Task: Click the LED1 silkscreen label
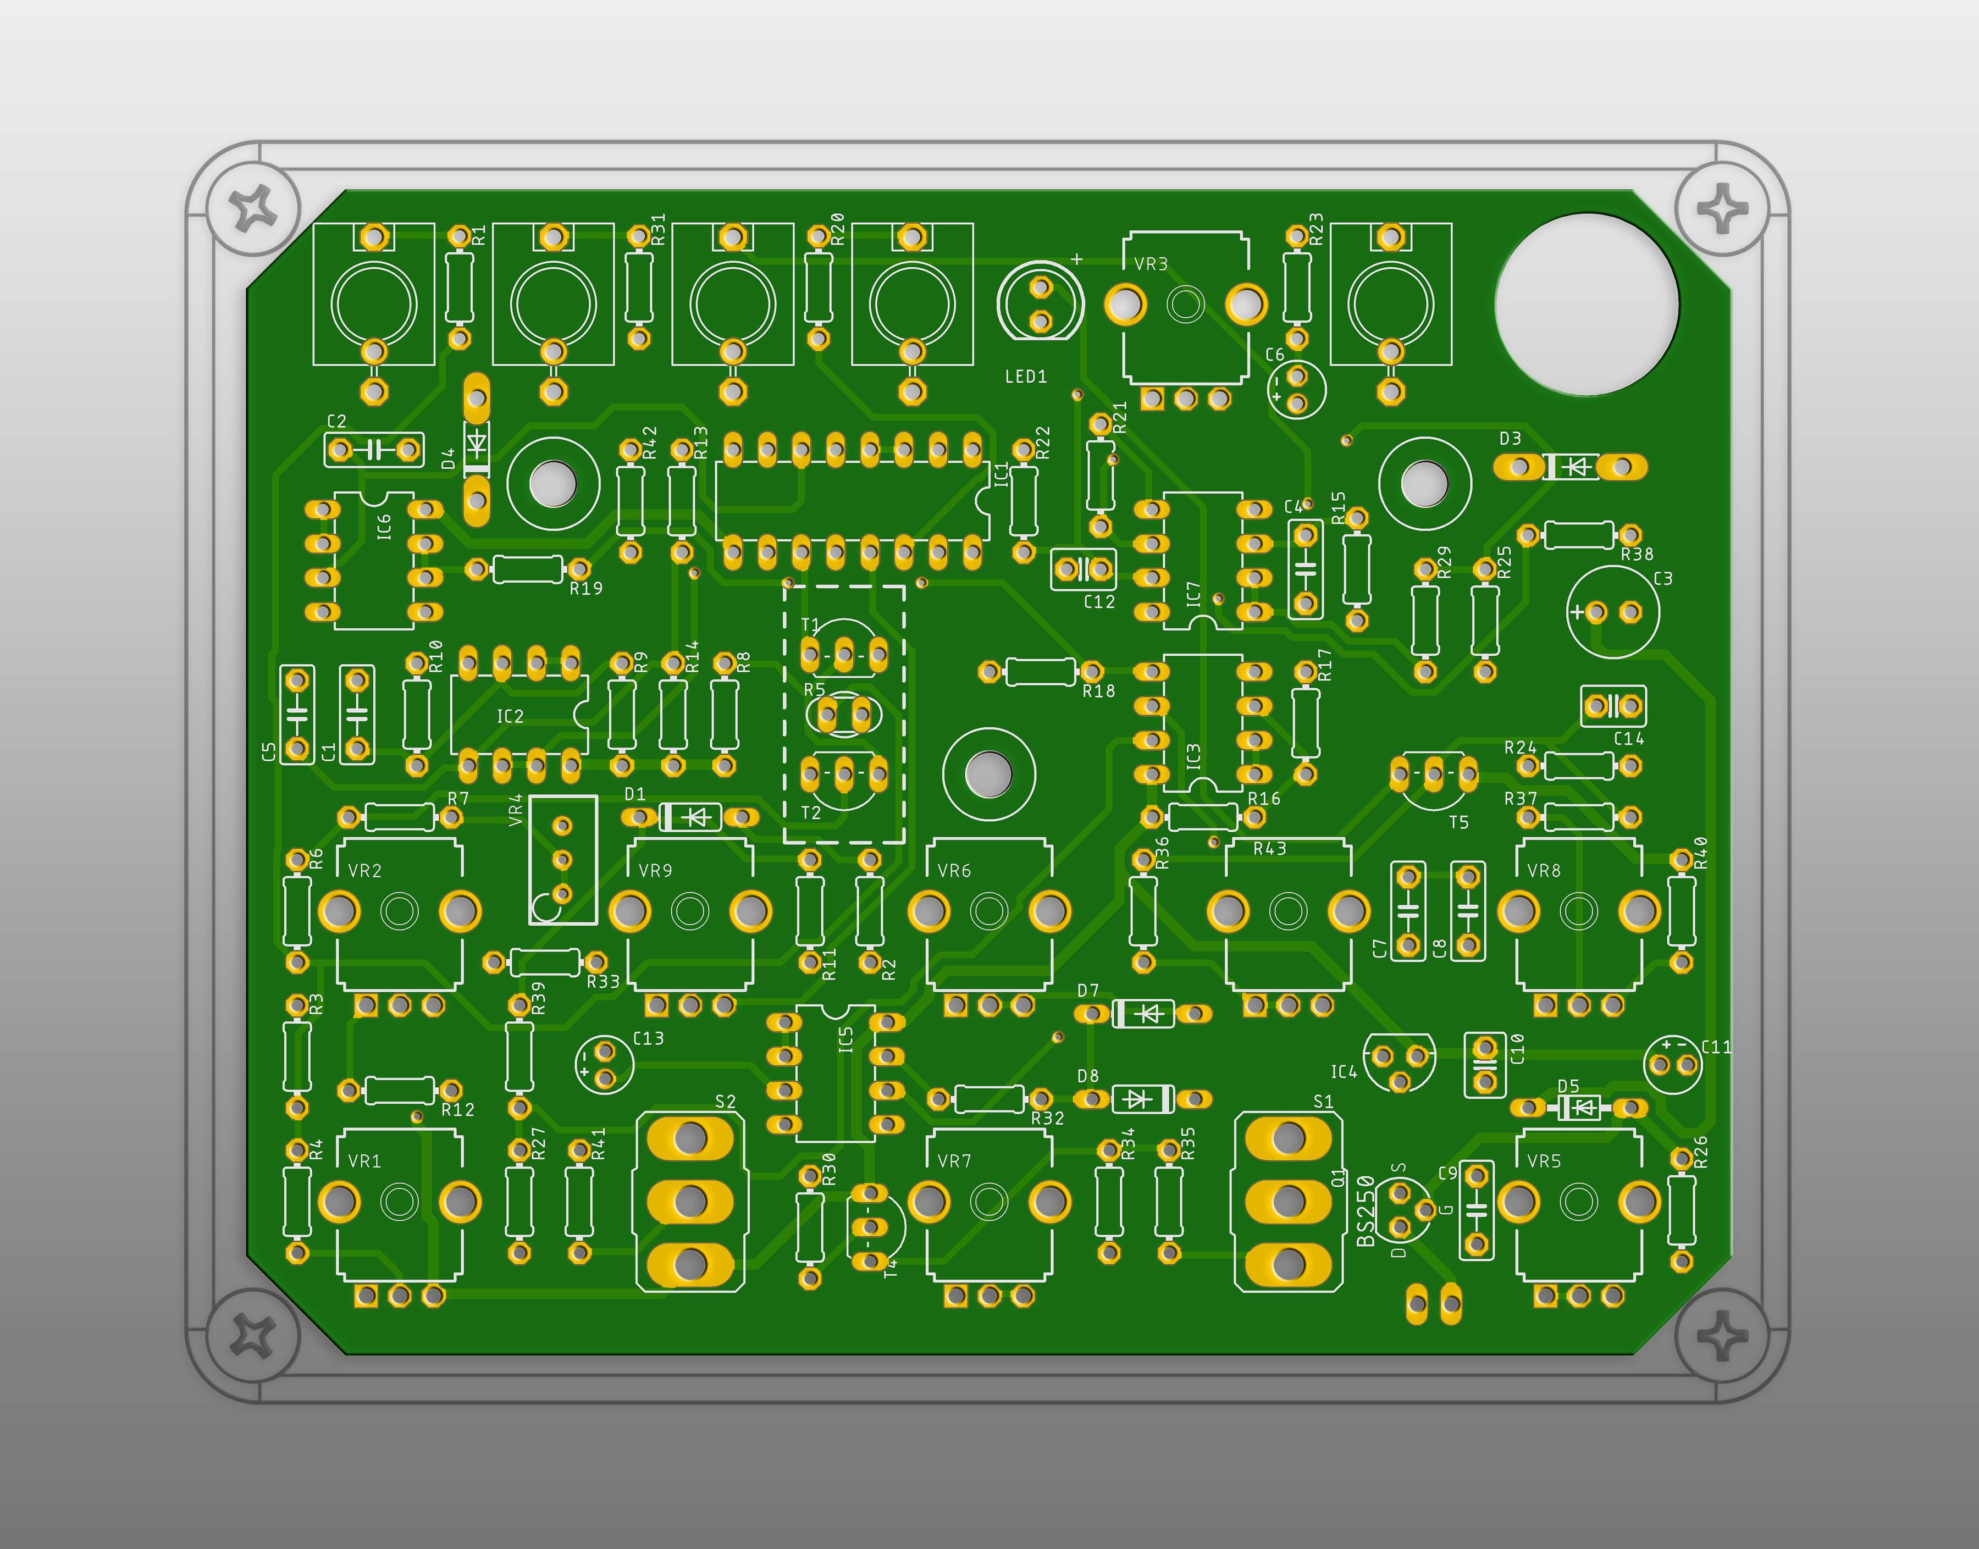pyautogui.click(x=1026, y=377)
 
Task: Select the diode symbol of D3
pyautogui.click(x=1578, y=467)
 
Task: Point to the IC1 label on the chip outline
pyautogui.click(x=1001, y=474)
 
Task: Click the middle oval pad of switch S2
pyautogui.click(x=690, y=1201)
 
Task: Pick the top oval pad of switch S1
pyautogui.click(x=1289, y=1138)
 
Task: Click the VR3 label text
pyautogui.click(x=1151, y=264)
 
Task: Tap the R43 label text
pyautogui.click(x=1270, y=849)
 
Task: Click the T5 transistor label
pyautogui.click(x=1458, y=822)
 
